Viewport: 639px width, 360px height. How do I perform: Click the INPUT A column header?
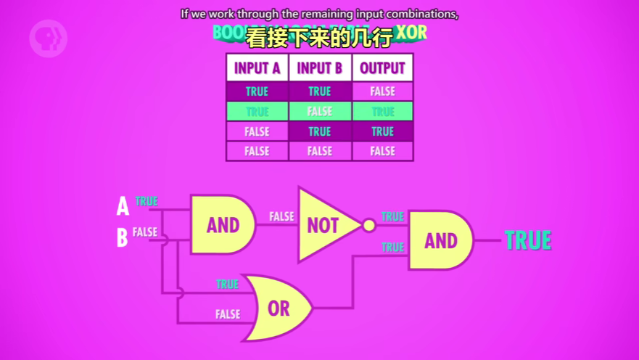(257, 68)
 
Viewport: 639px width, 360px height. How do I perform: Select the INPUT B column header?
(320, 68)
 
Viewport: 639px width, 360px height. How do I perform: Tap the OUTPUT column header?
(382, 68)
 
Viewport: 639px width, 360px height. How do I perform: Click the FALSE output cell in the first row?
(382, 91)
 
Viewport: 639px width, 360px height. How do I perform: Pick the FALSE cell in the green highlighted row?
(320, 111)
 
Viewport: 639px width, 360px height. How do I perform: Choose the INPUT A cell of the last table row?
(257, 151)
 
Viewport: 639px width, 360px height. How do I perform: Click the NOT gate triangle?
(325, 225)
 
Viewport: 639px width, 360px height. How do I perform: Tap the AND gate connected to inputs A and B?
(222, 224)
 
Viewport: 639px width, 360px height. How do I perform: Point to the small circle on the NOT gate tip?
(369, 225)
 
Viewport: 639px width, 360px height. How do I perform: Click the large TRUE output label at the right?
(528, 240)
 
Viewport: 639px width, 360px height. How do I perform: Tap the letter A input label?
(123, 207)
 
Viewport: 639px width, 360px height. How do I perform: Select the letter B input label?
(123, 237)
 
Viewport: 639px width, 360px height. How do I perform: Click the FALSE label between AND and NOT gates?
(281, 216)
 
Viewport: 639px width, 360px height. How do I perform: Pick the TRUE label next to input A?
(146, 201)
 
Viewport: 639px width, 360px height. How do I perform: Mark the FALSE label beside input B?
(145, 232)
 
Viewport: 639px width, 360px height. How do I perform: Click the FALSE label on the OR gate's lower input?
(227, 314)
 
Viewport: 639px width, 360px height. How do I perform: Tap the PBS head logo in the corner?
(48, 38)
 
